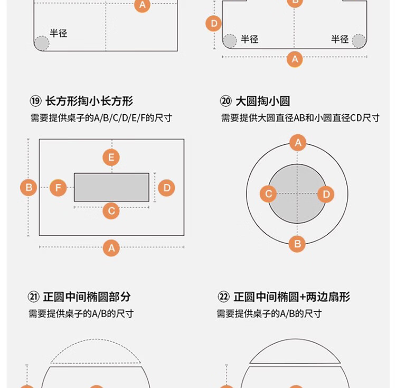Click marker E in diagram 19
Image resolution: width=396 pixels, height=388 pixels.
[111, 158]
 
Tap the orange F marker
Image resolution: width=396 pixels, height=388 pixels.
[58, 188]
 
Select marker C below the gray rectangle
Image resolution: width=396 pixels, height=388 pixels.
[111, 211]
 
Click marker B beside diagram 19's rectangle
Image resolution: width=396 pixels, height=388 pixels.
[29, 188]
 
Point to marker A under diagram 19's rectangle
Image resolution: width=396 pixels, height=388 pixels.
[111, 248]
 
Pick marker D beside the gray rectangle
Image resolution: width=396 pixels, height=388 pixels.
[166, 188]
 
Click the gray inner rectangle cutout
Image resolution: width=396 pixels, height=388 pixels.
[111, 187]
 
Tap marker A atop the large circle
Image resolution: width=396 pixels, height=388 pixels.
[298, 143]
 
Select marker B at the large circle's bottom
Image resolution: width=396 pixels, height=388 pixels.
[297, 244]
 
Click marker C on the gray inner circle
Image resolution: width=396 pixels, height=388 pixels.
[268, 194]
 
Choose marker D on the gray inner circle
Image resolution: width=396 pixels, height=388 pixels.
[326, 194]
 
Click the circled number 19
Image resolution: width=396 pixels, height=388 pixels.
[35, 101]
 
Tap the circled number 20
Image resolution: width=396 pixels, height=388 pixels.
[226, 101]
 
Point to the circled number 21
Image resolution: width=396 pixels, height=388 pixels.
[34, 297]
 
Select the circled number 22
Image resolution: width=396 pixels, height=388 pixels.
[223, 297]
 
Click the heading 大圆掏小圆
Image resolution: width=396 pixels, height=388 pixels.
[262, 101]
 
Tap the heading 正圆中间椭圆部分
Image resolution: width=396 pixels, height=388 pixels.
[87, 297]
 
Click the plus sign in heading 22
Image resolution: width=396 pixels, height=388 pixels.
[303, 297]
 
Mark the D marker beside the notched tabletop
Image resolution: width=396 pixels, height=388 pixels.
[214, 23]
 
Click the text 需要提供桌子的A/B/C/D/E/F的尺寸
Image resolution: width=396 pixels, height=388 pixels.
[101, 118]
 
